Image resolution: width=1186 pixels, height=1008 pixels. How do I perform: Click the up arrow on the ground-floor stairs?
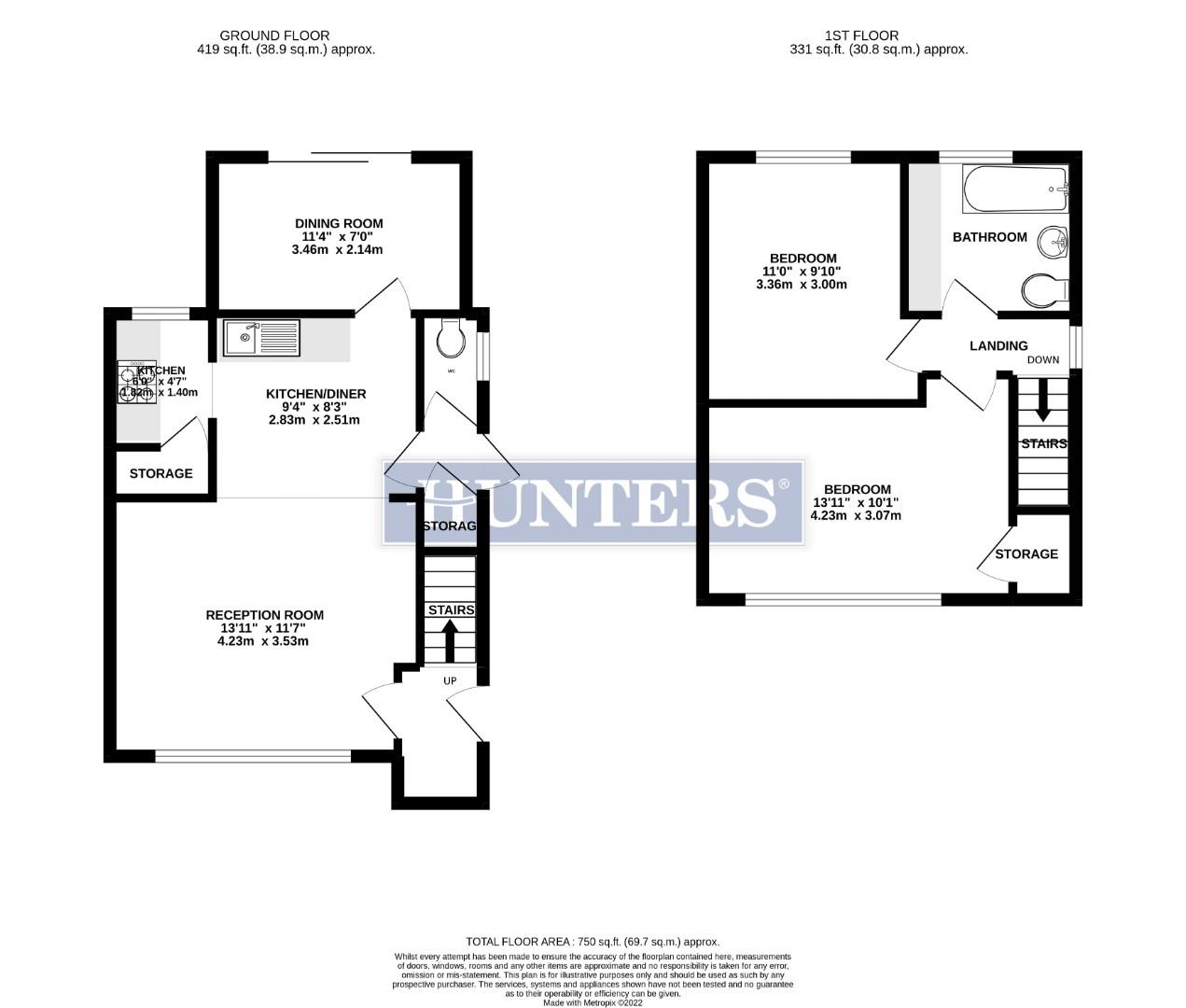pyautogui.click(x=449, y=641)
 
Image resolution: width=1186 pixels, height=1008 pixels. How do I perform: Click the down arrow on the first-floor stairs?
pyautogui.click(x=1042, y=402)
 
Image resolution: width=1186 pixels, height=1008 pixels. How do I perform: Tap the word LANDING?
pyautogui.click(x=998, y=346)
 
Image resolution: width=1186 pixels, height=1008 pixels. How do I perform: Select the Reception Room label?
pyautogui.click(x=264, y=615)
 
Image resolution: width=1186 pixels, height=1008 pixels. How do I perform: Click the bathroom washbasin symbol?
pyautogui.click(x=1056, y=242)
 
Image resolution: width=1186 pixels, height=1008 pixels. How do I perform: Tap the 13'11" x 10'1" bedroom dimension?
pyautogui.click(x=857, y=502)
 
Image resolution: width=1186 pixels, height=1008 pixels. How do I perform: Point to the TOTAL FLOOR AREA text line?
pyautogui.click(x=593, y=942)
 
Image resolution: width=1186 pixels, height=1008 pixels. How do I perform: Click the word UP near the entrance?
pyautogui.click(x=450, y=680)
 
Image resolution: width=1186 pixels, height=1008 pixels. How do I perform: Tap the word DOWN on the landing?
pyautogui.click(x=1043, y=360)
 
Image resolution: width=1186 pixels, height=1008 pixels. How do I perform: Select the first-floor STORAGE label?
pyautogui.click(x=1026, y=554)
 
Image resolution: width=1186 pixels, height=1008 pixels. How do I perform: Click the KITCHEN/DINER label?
pyautogui.click(x=315, y=394)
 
